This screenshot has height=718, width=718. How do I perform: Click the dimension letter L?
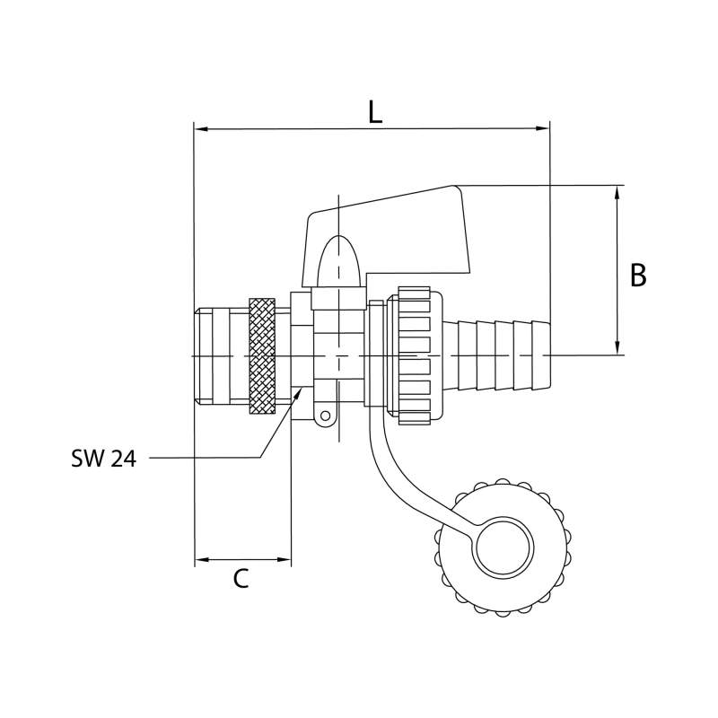[375, 112]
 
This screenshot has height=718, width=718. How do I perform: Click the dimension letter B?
[638, 276]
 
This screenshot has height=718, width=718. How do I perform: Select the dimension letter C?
[241, 578]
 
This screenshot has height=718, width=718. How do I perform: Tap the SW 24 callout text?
[103, 458]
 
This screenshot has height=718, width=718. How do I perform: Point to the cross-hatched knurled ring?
[262, 356]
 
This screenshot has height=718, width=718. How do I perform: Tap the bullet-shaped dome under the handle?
[338, 261]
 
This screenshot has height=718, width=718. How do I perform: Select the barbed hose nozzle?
[497, 355]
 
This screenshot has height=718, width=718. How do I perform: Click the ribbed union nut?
[415, 355]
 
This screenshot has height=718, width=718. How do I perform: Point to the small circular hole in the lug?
[325, 416]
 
